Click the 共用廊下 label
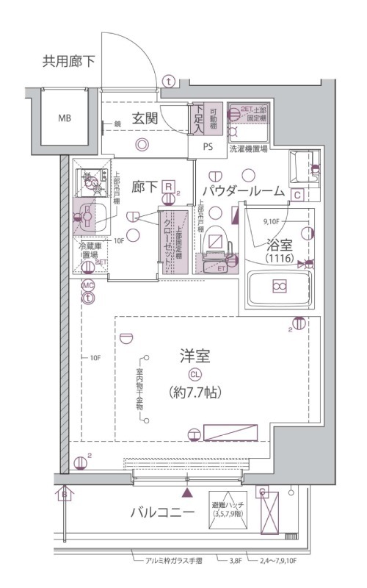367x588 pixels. (x=71, y=61)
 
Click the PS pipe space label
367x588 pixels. (x=208, y=146)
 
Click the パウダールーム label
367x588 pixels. (x=242, y=191)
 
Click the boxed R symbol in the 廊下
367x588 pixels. (x=169, y=187)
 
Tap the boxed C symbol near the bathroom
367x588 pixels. (x=297, y=195)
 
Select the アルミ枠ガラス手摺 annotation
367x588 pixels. (x=168, y=560)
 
